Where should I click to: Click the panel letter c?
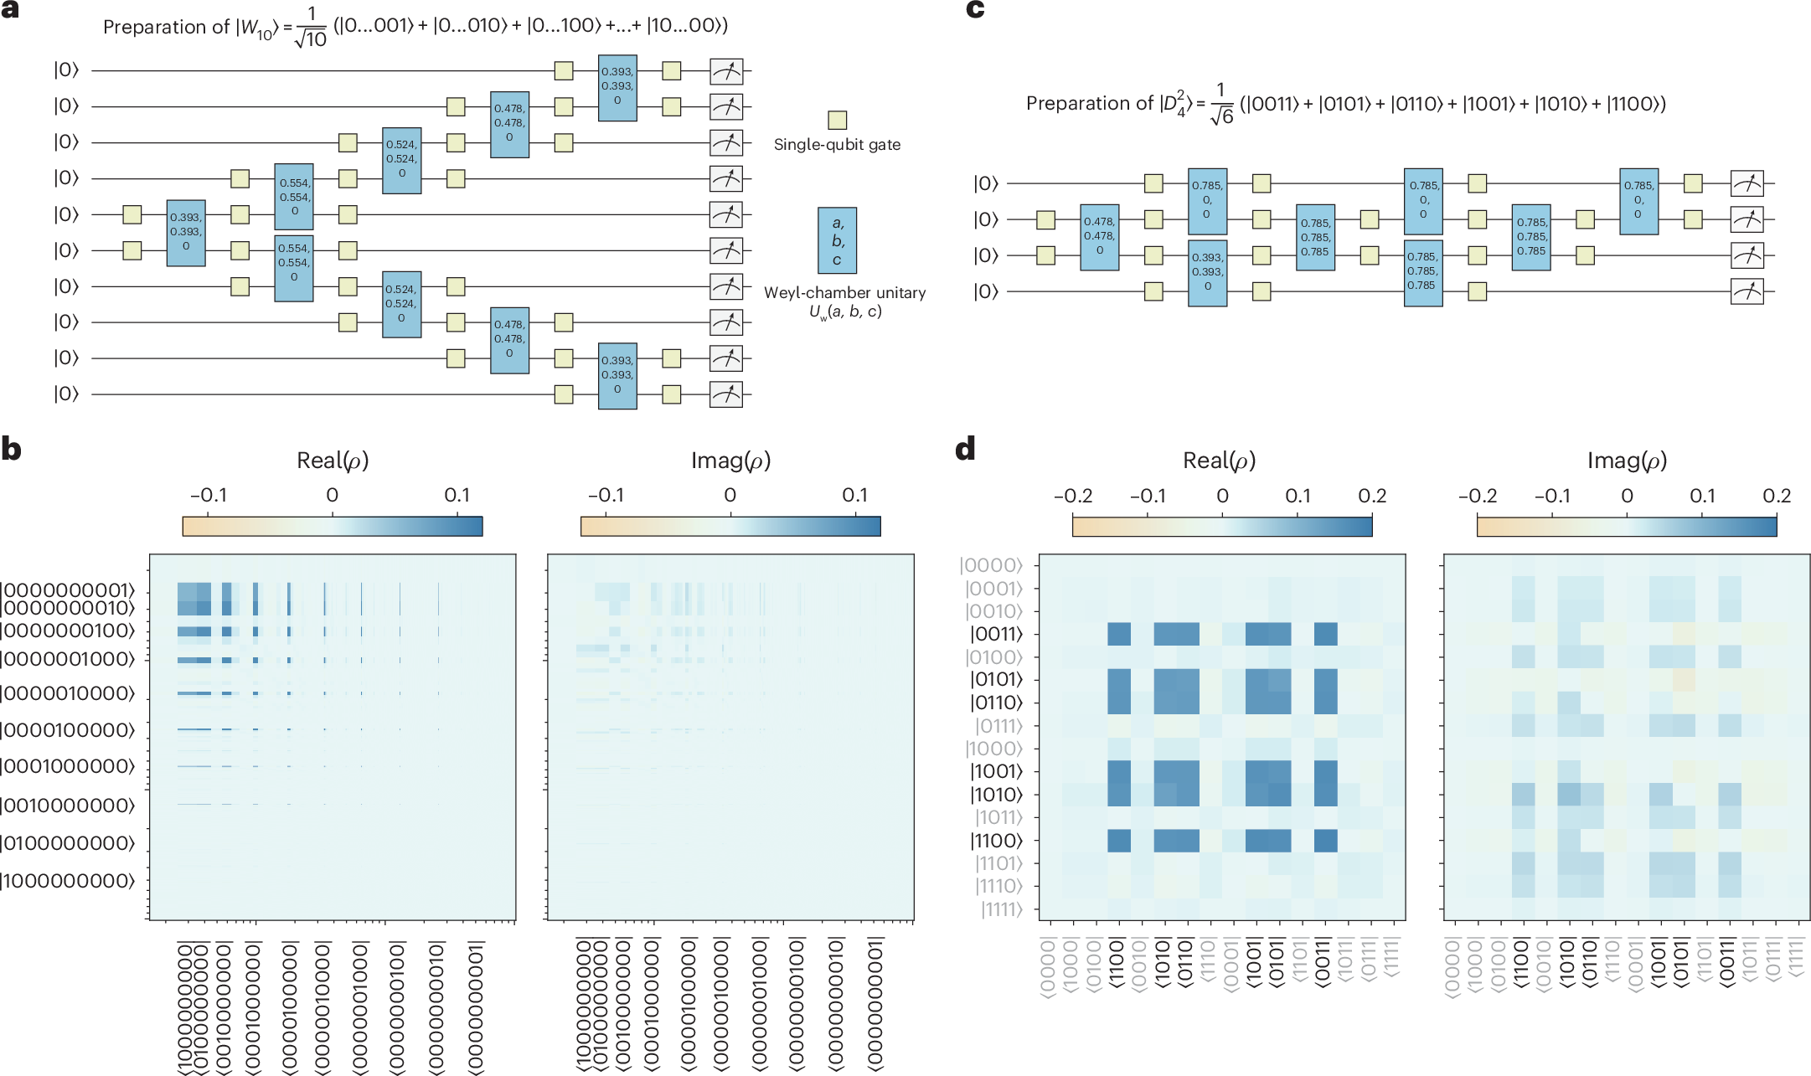(975, 9)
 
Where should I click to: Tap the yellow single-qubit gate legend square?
(837, 120)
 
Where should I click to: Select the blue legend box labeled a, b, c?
(837, 240)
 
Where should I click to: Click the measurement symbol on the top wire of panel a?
(725, 71)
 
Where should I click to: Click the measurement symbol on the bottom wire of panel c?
(1747, 291)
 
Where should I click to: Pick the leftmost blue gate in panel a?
(186, 233)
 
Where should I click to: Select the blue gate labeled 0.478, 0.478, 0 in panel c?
(1099, 237)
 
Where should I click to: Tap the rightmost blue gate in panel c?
(1638, 201)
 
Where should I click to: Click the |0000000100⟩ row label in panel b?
(68, 631)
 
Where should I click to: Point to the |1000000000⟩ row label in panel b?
(68, 881)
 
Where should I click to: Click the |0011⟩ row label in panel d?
(997, 634)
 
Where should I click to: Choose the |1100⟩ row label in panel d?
(997, 841)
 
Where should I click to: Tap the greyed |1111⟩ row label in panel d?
(1002, 909)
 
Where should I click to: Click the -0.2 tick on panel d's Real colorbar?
(1073, 497)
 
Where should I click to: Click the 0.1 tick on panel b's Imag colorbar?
(854, 496)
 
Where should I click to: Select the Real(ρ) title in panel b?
(333, 461)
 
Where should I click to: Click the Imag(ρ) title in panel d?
(1627, 461)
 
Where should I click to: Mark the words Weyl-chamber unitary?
(844, 293)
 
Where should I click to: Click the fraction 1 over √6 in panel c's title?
(1220, 104)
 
